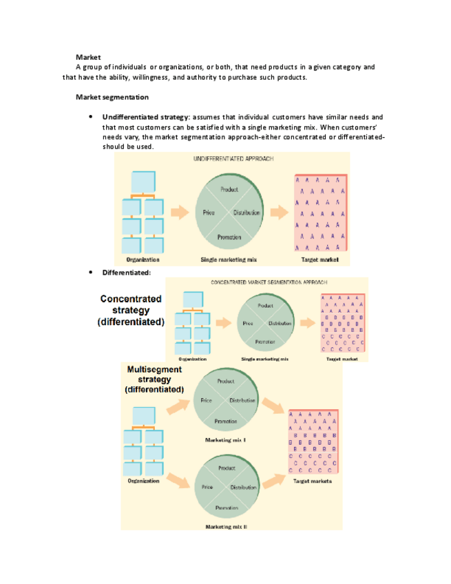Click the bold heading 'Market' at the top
pyautogui.click(x=88, y=56)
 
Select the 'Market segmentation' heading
pyautogui.click(x=112, y=97)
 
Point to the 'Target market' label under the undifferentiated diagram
pyautogui.click(x=320, y=260)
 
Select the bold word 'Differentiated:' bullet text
pyautogui.click(x=126, y=273)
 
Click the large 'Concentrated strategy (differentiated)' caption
pyautogui.click(x=131, y=310)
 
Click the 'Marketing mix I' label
pyautogui.click(x=226, y=439)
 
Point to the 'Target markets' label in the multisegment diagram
pyautogui.click(x=313, y=481)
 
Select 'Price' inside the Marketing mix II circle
pyautogui.click(x=206, y=488)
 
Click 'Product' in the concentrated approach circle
pyautogui.click(x=265, y=305)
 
